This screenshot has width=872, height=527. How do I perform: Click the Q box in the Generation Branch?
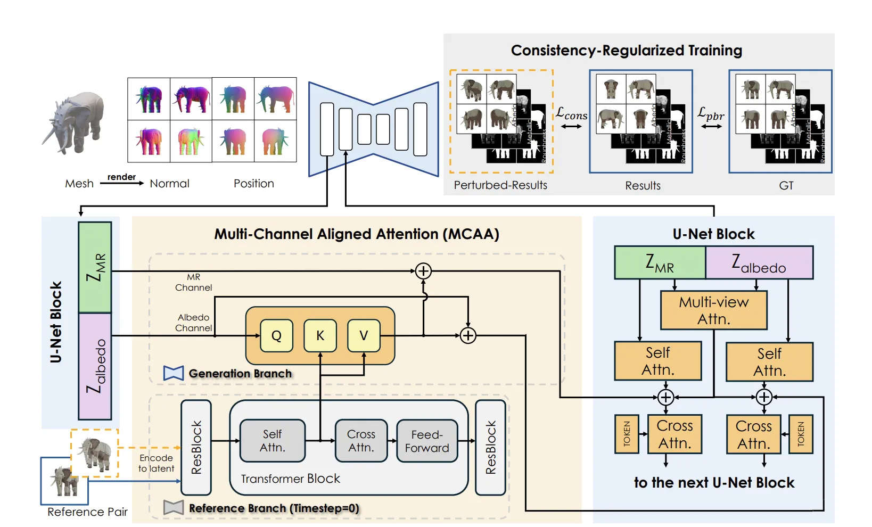click(276, 335)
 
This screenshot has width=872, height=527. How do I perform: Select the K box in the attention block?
click(320, 335)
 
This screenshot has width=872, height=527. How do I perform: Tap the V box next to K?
click(364, 335)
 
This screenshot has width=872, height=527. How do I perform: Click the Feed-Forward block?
click(427, 441)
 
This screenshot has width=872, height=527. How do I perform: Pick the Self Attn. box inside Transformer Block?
click(273, 441)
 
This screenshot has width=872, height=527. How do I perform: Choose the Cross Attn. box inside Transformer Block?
click(361, 441)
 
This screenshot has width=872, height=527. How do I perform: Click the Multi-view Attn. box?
click(713, 310)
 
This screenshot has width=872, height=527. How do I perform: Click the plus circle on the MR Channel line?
click(423, 271)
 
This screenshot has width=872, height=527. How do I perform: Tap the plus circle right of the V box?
click(468, 335)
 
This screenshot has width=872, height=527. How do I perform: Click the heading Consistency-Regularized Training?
click(626, 51)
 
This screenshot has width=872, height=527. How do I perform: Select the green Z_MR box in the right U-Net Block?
click(660, 262)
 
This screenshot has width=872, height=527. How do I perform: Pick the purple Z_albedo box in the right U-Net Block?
click(759, 262)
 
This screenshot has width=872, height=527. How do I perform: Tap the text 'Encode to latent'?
click(156, 463)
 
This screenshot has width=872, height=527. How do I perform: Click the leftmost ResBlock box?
click(196, 447)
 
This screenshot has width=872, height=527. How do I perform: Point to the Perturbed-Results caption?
click(500, 185)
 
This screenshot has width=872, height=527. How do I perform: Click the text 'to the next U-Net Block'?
click(714, 483)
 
